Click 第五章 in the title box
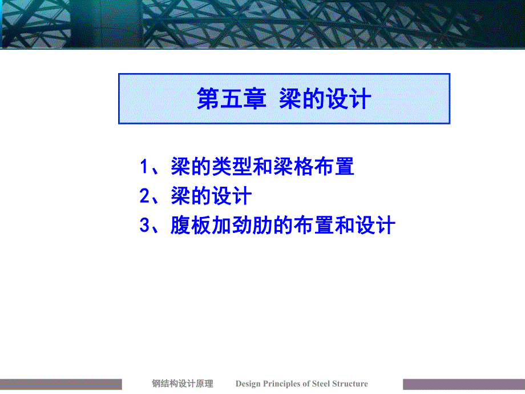[231, 99]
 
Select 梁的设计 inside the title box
[325, 99]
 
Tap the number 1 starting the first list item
[145, 167]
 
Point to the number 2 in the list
[145, 197]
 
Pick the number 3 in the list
[145, 226]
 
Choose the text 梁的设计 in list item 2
[211, 197]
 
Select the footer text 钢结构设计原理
[183, 384]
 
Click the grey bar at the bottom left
[60, 384]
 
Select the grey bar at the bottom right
[463, 384]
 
